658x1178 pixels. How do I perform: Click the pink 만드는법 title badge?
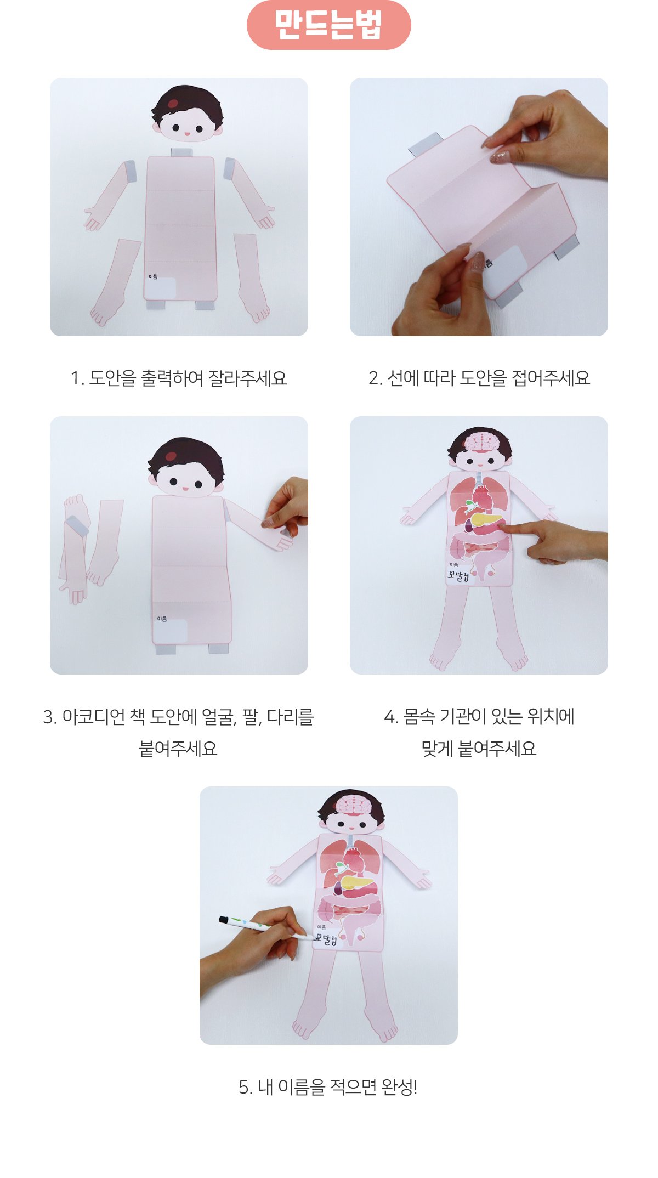click(328, 25)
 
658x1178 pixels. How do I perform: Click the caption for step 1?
click(179, 378)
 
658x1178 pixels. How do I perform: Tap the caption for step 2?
click(479, 378)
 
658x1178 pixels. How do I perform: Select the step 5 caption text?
click(328, 1087)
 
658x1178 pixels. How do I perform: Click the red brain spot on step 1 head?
click(173, 104)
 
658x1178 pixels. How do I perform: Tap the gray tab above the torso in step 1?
click(181, 152)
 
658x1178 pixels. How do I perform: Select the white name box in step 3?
click(170, 631)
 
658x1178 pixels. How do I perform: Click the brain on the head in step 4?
click(481, 442)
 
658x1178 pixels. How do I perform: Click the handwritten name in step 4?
click(458, 575)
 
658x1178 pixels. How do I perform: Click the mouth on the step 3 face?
click(185, 488)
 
